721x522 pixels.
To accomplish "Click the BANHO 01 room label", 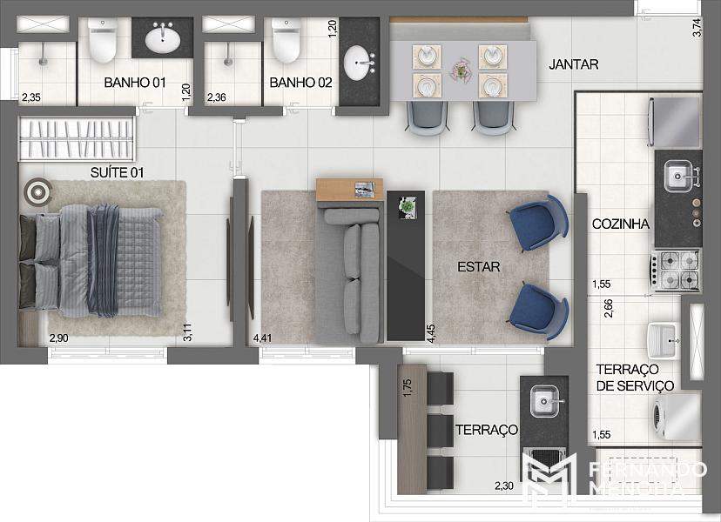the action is click(x=135, y=83).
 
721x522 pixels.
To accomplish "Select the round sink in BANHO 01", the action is click(x=162, y=38).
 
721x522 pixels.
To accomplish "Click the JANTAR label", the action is click(x=573, y=64).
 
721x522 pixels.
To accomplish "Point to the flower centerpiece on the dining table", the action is click(x=461, y=70).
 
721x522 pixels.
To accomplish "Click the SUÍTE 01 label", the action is click(x=117, y=173).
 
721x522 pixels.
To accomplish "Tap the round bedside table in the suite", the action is click(x=37, y=191).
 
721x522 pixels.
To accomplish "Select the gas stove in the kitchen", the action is click(x=676, y=271).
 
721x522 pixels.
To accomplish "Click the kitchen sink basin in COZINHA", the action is click(x=677, y=176).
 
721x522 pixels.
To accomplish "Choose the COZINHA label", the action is click(x=620, y=224).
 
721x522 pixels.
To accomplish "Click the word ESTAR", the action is click(x=478, y=267).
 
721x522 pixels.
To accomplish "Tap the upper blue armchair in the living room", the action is click(x=538, y=224).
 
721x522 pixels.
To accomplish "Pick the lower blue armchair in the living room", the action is click(x=538, y=311).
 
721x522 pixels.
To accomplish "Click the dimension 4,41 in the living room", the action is click(x=263, y=338).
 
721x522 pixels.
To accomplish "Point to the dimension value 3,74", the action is click(x=697, y=27).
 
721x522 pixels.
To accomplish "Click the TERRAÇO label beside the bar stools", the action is click(x=487, y=430).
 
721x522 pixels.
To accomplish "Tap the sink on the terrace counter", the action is click(x=544, y=402).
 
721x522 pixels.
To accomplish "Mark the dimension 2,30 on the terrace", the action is click(x=504, y=485).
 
